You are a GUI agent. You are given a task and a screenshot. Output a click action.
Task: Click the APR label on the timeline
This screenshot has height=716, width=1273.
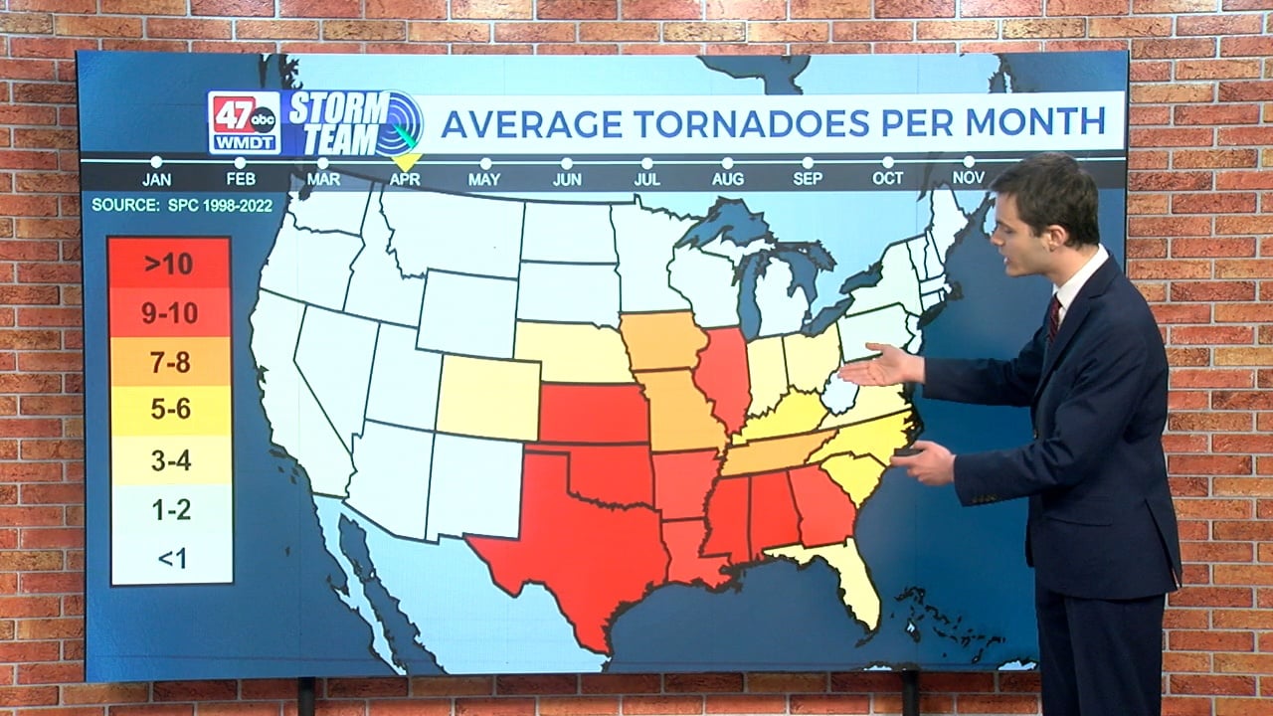point(405,179)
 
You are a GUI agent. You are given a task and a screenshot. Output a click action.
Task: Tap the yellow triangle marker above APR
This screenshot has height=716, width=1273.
point(406,159)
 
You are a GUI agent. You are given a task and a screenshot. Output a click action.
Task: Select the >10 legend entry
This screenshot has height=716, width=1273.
point(169,265)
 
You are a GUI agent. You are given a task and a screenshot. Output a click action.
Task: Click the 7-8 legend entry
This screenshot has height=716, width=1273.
point(169,362)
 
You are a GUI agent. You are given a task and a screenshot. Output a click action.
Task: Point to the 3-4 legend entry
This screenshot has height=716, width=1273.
point(170,460)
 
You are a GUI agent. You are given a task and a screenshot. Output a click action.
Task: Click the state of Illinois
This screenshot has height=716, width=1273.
point(722,373)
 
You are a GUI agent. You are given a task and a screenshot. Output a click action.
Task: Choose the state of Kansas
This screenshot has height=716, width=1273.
point(594,413)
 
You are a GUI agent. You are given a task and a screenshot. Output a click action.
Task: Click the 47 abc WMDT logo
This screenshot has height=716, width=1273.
point(244,122)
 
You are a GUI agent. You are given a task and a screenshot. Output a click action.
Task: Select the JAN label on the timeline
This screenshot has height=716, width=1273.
point(156,179)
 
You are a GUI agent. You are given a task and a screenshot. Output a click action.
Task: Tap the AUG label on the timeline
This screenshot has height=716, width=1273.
point(727,179)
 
